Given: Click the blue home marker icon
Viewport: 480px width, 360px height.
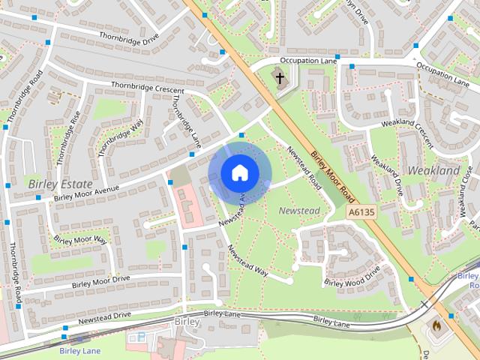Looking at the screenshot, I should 238,172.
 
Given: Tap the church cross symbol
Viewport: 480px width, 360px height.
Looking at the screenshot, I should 280,77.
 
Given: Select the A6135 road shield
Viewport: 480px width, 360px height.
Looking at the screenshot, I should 361,214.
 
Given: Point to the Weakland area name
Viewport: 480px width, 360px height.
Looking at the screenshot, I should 433,171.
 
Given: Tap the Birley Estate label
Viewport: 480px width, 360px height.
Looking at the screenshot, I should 60,184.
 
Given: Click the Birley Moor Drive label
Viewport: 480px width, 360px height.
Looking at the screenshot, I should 100,282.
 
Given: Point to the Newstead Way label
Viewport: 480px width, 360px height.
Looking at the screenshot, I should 247,259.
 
